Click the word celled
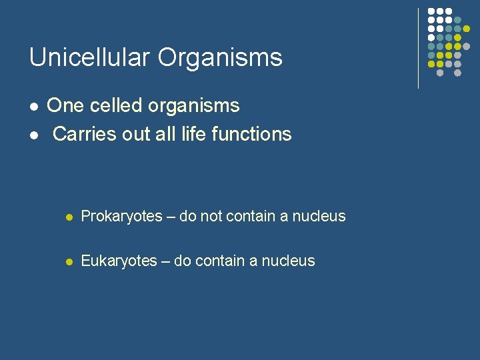[114, 106]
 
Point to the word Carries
[81, 134]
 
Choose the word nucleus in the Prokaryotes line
[318, 217]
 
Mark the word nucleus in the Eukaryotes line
[287, 261]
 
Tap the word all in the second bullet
[165, 134]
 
